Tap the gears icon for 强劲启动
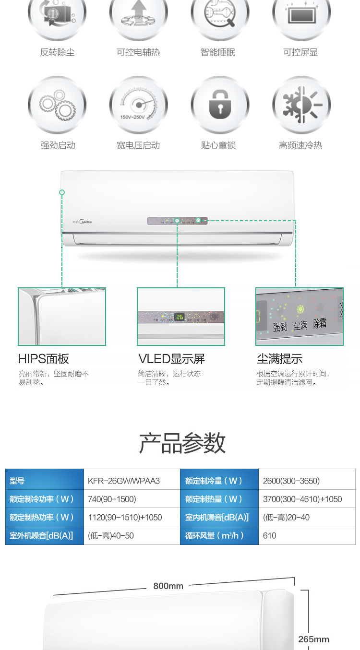(x=57, y=105)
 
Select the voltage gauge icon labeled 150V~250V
(x=138, y=105)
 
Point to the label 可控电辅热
(x=138, y=52)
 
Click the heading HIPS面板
(x=44, y=359)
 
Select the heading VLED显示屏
(x=171, y=359)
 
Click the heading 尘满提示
(x=279, y=359)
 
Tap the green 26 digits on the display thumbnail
(x=180, y=317)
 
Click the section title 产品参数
(x=182, y=443)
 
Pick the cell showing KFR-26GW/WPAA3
(x=124, y=481)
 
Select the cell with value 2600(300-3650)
(x=291, y=481)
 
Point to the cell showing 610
(x=270, y=535)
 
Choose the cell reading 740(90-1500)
(x=112, y=499)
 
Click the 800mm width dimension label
(x=168, y=586)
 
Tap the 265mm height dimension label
(x=313, y=639)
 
